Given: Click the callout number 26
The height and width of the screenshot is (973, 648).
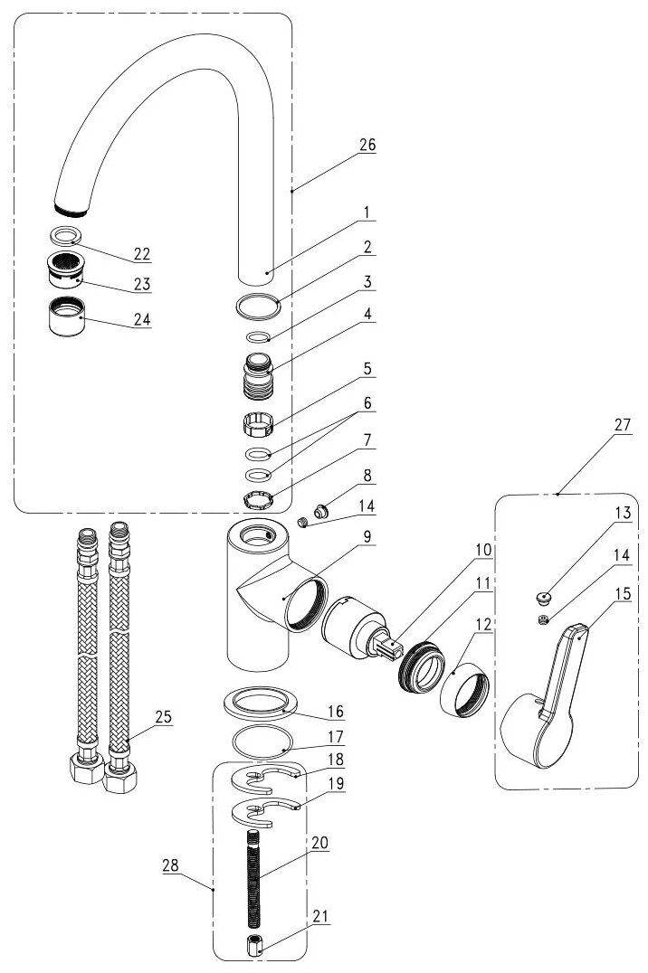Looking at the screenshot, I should point(367,145).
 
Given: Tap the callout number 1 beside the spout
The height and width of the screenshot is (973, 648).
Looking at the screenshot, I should point(367,213).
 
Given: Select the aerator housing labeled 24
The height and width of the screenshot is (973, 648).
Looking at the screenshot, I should point(67,316).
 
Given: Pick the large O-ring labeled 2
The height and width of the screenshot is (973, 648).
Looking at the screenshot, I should point(257,307).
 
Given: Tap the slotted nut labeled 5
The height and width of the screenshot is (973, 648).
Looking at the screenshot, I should point(260,422).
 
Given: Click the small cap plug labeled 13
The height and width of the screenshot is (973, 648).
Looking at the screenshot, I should point(543,597).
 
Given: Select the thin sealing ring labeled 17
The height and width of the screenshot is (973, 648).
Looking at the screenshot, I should point(258,742).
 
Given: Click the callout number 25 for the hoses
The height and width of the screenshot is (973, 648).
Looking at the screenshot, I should point(162,716).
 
